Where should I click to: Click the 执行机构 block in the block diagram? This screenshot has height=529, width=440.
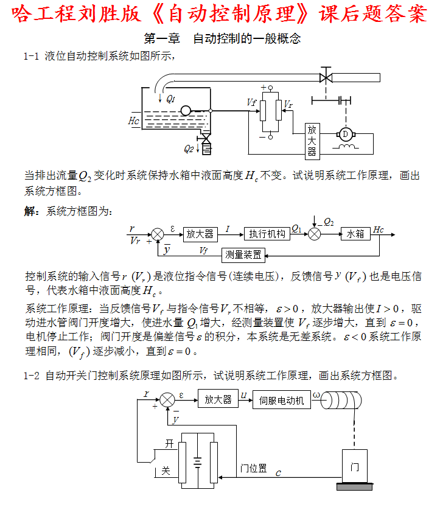267,234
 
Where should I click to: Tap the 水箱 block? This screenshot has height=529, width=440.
355,234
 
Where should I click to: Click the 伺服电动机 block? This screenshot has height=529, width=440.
281,400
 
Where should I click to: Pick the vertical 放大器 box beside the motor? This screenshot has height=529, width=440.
312,141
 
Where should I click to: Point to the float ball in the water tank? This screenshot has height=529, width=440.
186,110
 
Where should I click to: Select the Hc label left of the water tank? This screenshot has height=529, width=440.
134,121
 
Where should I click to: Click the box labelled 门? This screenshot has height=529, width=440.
355,466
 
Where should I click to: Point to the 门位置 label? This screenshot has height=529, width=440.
253,468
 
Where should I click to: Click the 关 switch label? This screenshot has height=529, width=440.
165,471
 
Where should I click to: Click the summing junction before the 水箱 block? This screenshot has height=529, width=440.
316,234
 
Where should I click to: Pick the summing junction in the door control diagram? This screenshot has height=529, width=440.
167,400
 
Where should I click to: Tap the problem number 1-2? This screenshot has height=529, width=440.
31,376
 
